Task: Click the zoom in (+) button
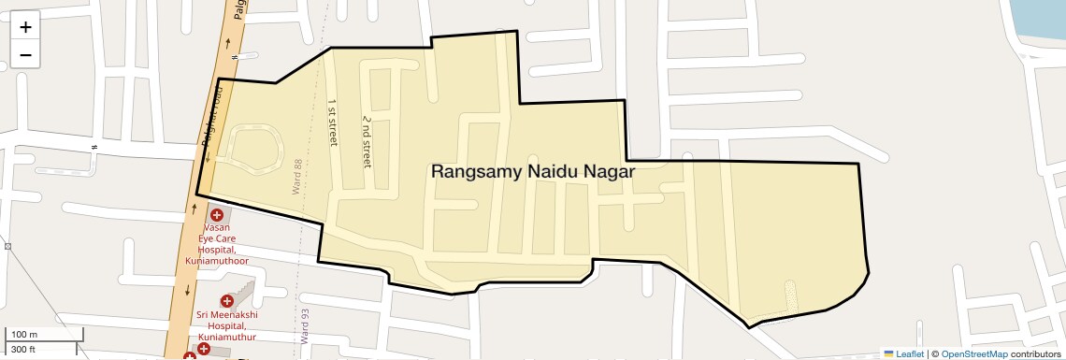(x=25, y=28)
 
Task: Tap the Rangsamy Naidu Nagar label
(x=532, y=172)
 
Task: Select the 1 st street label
(x=332, y=122)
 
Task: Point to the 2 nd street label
(x=367, y=142)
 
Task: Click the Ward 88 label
(x=297, y=176)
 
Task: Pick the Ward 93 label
(x=305, y=328)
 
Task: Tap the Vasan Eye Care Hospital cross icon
(x=216, y=215)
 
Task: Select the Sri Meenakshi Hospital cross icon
(x=226, y=301)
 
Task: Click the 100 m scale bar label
(x=24, y=335)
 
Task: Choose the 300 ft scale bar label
(x=23, y=350)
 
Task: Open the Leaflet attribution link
(x=909, y=353)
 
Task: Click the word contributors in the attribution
(x=1035, y=353)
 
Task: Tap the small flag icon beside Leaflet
(x=888, y=353)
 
